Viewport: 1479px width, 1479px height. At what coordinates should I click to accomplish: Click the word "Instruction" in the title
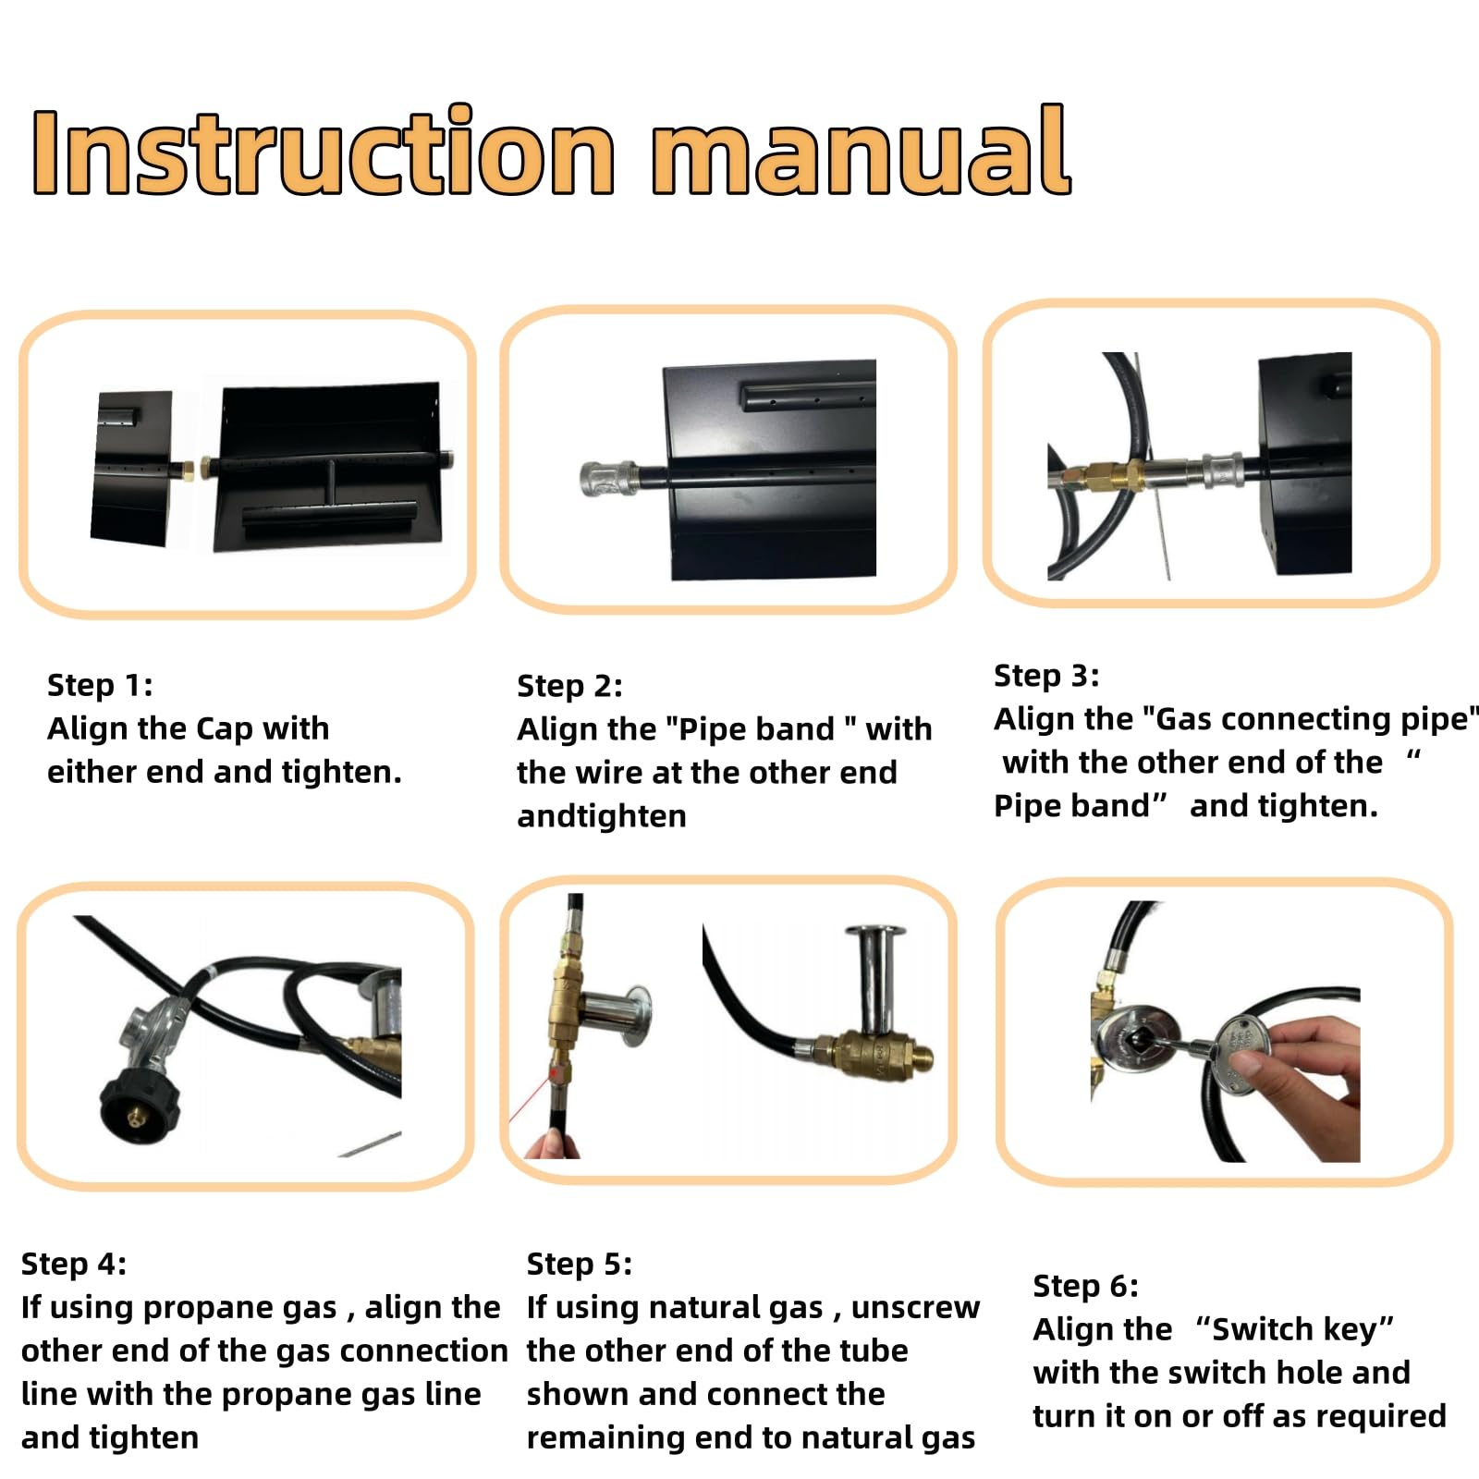pyautogui.click(x=324, y=151)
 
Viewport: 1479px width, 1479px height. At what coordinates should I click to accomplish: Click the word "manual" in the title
pyautogui.click(x=862, y=151)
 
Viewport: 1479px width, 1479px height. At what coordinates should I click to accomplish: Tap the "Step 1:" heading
pyautogui.click(x=100, y=685)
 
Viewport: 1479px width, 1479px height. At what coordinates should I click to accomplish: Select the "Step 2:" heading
pyautogui.click(x=569, y=686)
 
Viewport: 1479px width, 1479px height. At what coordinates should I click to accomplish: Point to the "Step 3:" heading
pyautogui.click(x=1046, y=676)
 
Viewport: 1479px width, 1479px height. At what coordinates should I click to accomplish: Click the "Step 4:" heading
pyautogui.click(x=74, y=1264)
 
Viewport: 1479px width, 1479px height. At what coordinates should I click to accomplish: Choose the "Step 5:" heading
pyautogui.click(x=580, y=1264)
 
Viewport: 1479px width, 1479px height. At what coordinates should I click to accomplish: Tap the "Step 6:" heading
pyautogui.click(x=1086, y=1286)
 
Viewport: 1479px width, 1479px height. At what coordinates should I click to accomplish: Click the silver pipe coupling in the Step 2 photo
pyautogui.click(x=608, y=479)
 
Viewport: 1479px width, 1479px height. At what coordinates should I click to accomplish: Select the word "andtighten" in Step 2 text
pyautogui.click(x=602, y=816)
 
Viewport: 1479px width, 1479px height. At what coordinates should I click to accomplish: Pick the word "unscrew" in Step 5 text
pyautogui.click(x=915, y=1308)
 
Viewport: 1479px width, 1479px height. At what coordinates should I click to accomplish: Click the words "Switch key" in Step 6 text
pyautogui.click(x=1294, y=1329)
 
